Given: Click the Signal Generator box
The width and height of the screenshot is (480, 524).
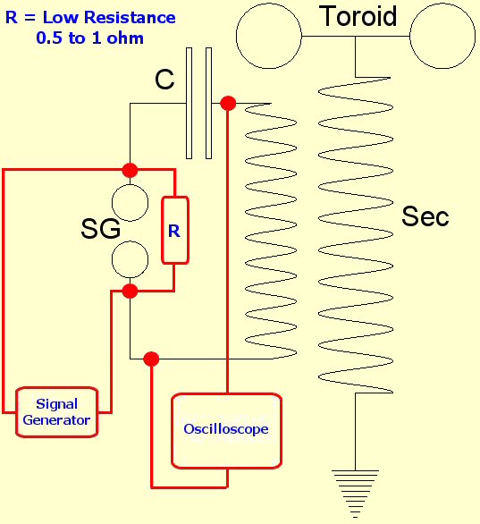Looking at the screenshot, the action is (57, 411).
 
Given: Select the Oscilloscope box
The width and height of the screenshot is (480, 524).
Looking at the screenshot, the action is (226, 431).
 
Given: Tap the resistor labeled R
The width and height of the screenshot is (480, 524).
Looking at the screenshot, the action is (175, 230).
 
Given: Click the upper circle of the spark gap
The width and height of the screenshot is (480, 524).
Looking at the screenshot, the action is (130, 203).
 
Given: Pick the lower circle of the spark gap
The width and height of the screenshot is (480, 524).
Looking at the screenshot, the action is (130, 259).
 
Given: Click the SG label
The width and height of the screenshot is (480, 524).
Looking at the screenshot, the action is (100, 229).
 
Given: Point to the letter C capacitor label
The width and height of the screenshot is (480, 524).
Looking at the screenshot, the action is (164, 80).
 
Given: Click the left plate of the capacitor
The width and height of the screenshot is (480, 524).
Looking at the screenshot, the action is (189, 103).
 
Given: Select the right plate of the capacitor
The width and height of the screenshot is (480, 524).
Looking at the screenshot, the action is (209, 103).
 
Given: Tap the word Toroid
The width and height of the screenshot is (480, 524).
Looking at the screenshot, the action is (358, 16).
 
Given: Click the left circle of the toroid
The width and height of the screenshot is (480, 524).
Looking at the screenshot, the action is (269, 36).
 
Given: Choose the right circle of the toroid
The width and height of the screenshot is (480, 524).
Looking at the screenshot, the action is (442, 36).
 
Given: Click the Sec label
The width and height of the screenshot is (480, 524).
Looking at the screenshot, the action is (425, 216).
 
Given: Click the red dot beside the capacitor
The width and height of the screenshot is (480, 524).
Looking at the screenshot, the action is (229, 103).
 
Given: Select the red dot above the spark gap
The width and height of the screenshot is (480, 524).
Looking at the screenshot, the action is (130, 170).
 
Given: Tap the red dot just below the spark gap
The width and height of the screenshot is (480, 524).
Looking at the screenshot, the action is (130, 292).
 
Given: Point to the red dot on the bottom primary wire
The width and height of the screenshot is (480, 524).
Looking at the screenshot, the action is (151, 359).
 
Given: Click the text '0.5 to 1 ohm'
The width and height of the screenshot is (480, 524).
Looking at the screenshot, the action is (90, 38).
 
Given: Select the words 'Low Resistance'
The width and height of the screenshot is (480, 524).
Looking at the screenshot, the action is (109, 17).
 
